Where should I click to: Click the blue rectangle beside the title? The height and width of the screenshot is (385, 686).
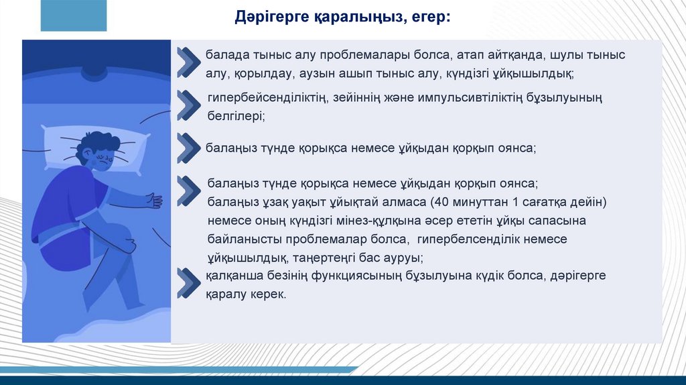click(x=74, y=15)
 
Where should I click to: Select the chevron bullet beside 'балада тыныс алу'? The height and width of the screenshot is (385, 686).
click(x=189, y=62)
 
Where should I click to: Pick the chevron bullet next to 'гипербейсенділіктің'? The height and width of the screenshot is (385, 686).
click(x=189, y=105)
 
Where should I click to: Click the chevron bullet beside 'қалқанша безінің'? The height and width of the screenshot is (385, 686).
click(x=189, y=283)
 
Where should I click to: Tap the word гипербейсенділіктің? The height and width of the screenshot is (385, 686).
click(x=268, y=98)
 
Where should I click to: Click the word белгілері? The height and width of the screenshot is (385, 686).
click(x=236, y=117)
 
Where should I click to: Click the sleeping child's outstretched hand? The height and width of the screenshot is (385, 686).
click(x=155, y=200)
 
